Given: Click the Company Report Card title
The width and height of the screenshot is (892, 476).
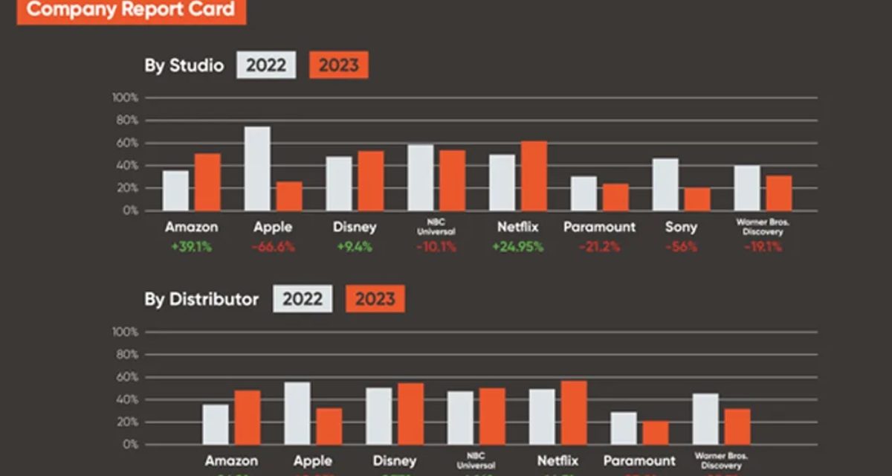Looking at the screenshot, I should tap(131, 10).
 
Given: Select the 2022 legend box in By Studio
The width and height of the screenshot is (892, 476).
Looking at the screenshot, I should tap(266, 65).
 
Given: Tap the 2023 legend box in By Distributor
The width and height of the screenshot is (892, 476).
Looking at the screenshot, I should tap(375, 300).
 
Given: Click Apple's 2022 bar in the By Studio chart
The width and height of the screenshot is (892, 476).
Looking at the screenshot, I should tap(257, 169).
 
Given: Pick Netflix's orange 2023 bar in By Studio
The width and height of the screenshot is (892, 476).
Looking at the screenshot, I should tap(534, 176).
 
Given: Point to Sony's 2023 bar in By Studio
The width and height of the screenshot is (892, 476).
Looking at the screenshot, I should tap(697, 199).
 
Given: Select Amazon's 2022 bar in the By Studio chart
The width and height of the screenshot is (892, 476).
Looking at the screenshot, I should tap(176, 191).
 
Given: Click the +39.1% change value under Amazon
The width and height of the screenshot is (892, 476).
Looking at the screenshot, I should tap(191, 247).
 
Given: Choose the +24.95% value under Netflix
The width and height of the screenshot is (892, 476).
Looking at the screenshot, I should tap(517, 247).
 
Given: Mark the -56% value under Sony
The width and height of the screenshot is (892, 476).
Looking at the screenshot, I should tap(681, 247).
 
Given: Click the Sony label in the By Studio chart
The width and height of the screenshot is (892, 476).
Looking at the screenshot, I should tap(681, 227).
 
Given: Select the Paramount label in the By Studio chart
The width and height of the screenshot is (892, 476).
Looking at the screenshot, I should tap(599, 227).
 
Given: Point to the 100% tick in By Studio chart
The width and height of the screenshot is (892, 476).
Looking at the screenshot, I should tap(125, 98).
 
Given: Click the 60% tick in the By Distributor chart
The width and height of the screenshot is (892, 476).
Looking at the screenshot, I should tap(126, 378).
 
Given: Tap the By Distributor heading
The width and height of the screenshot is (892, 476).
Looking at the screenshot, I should tap(201, 300).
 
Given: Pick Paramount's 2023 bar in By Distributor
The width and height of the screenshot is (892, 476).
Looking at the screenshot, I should tap(656, 433).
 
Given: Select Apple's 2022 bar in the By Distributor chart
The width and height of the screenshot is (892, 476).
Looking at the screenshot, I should tap(297, 414).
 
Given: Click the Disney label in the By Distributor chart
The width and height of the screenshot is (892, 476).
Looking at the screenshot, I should tap(395, 461).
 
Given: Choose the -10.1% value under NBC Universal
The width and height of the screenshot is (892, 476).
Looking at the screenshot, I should tap(436, 247).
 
